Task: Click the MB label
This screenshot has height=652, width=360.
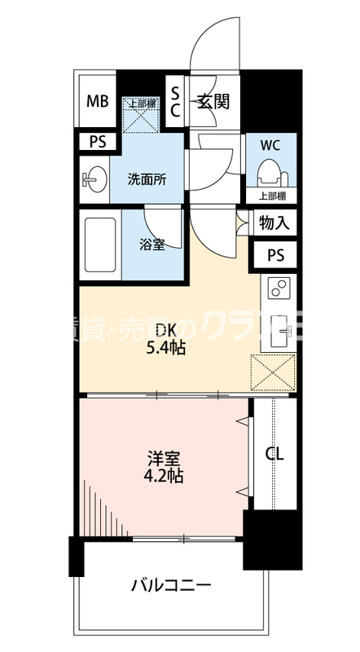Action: tap(98, 102)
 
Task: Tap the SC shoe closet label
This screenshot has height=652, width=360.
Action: tap(174, 102)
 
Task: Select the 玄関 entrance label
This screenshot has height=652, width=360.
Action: tap(213, 102)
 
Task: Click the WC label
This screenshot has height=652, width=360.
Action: tap(270, 147)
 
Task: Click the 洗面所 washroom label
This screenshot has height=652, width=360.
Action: tap(147, 179)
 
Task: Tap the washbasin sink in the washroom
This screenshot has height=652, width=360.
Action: tap(93, 179)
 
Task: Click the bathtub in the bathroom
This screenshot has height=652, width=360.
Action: tap(99, 244)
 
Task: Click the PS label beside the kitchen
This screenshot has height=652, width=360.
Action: tap(276, 254)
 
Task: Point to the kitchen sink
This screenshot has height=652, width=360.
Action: tap(282, 328)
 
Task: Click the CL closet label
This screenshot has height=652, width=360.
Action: tap(275, 455)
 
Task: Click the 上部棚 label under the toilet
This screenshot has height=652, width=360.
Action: tap(271, 196)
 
